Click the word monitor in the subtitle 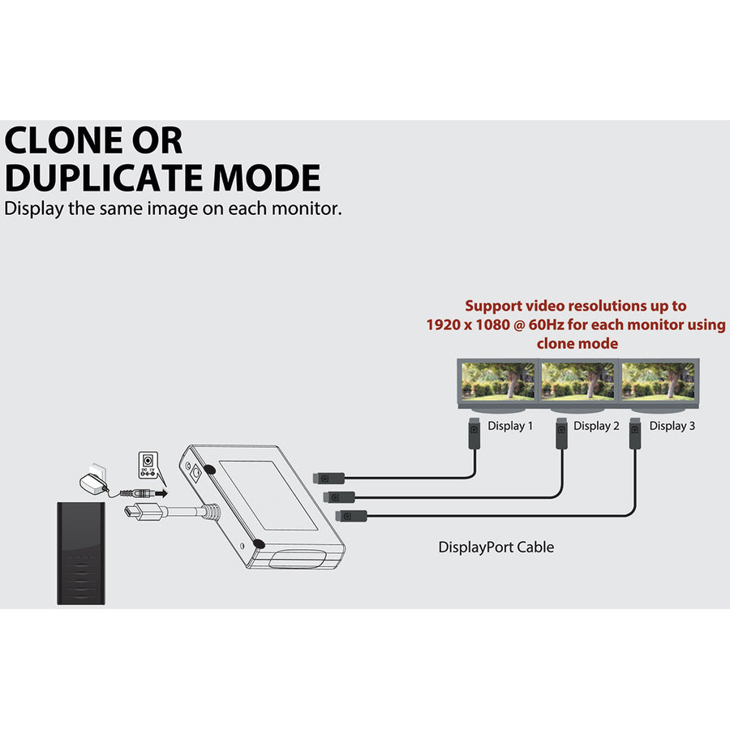307,208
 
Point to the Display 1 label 510,426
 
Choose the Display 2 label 596,426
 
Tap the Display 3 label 672,426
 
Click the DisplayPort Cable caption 496,547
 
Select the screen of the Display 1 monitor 498,381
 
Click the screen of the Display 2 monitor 578,381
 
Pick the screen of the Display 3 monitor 658,381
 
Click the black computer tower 81,553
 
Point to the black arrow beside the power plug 161,493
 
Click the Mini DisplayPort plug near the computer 143,513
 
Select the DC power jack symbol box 148,465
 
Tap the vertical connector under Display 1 474,433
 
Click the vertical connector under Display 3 634,433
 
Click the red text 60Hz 547,324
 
